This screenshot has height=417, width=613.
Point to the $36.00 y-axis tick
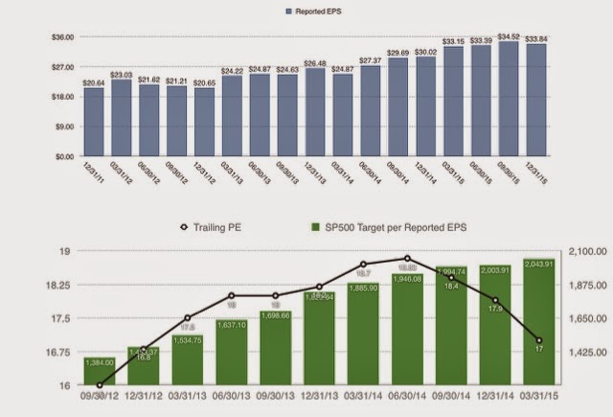[x=62, y=37]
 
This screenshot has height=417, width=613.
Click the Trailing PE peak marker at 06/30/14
[x=408, y=258]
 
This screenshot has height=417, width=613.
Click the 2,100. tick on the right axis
[x=579, y=251]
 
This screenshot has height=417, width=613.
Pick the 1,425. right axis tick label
[x=579, y=353]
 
